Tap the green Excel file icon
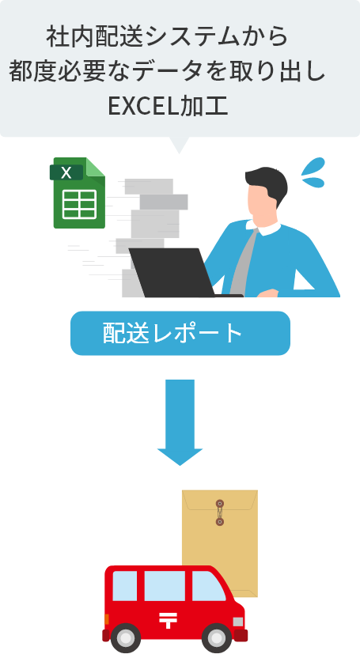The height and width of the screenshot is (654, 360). coord(78,193)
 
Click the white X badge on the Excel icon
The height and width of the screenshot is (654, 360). coord(66,172)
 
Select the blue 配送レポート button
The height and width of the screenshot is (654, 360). coord(180,333)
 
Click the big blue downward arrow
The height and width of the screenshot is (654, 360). coord(180,422)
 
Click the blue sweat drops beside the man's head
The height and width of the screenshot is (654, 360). coord(313,172)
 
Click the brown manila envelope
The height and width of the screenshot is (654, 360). coord(220,542)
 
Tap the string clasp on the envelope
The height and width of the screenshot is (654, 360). coord(220,512)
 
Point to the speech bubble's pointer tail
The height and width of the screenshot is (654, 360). coord(180,146)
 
